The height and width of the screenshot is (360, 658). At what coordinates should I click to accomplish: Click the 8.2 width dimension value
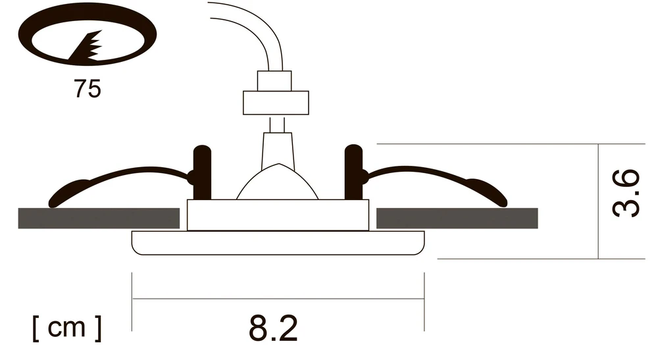coord(273,328)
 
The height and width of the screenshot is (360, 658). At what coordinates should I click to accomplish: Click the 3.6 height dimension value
coord(626,193)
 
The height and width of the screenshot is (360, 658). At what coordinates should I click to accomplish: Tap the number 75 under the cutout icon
coord(88,89)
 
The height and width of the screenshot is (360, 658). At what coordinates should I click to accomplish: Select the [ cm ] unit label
coord(67,328)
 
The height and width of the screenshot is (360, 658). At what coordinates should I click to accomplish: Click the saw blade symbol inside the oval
coord(86,46)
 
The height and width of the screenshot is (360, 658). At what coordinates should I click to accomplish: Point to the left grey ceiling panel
coord(99,219)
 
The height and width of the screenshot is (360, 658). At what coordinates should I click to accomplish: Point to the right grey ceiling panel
coord(457,219)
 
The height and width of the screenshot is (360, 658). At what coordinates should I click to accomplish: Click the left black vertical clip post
coord(202,172)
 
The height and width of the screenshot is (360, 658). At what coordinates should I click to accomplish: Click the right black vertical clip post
coord(353,172)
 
